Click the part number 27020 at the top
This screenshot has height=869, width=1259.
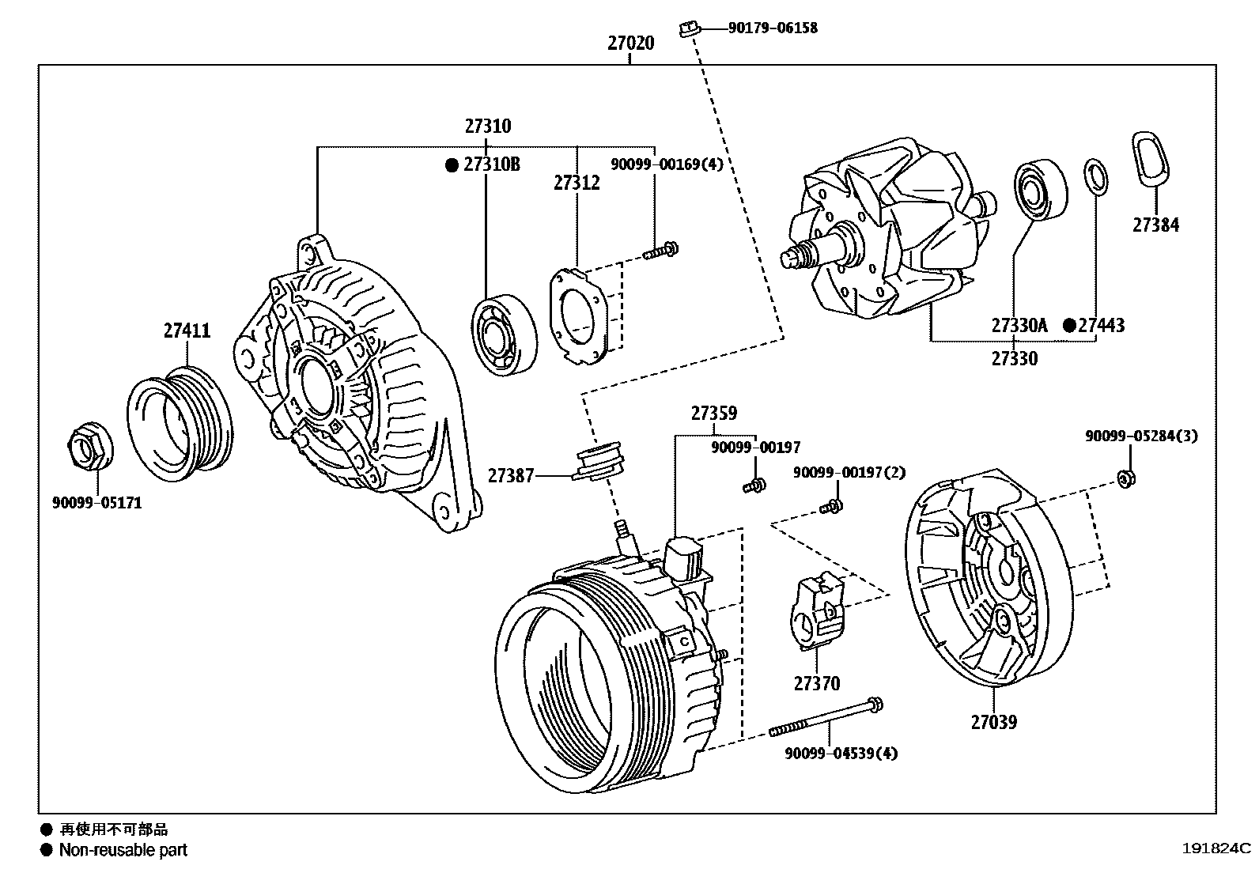(630, 43)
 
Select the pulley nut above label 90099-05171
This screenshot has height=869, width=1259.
(88, 448)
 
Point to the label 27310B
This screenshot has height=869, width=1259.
(491, 165)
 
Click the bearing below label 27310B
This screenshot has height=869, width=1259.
(503, 333)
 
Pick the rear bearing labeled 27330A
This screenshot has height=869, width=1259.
(1040, 190)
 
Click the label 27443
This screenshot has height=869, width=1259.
(1101, 326)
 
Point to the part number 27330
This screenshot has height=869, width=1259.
(1014, 359)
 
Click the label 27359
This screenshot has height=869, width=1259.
(713, 414)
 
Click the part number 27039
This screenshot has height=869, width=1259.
(993, 722)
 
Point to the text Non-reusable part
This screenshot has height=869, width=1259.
(123, 851)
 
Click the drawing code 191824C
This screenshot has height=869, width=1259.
(1216, 849)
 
